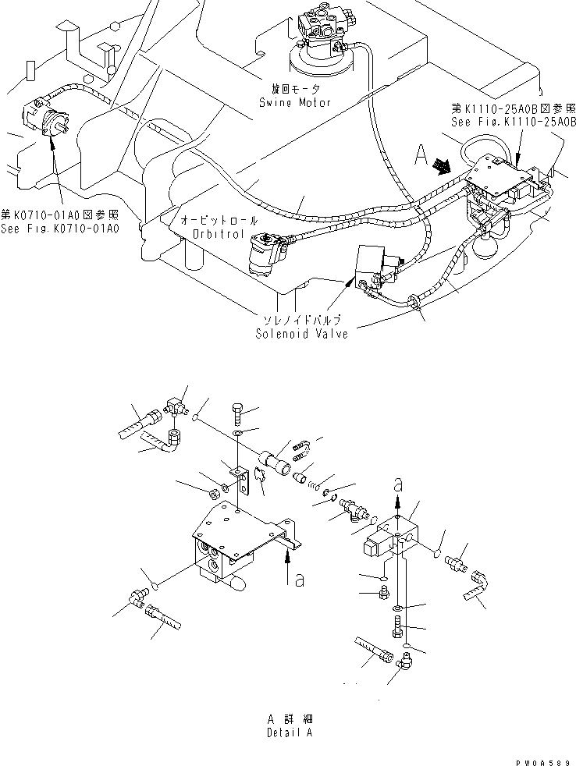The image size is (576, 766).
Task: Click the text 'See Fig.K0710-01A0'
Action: [x=60, y=229]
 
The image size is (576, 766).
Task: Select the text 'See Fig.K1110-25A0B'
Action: [x=513, y=122]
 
